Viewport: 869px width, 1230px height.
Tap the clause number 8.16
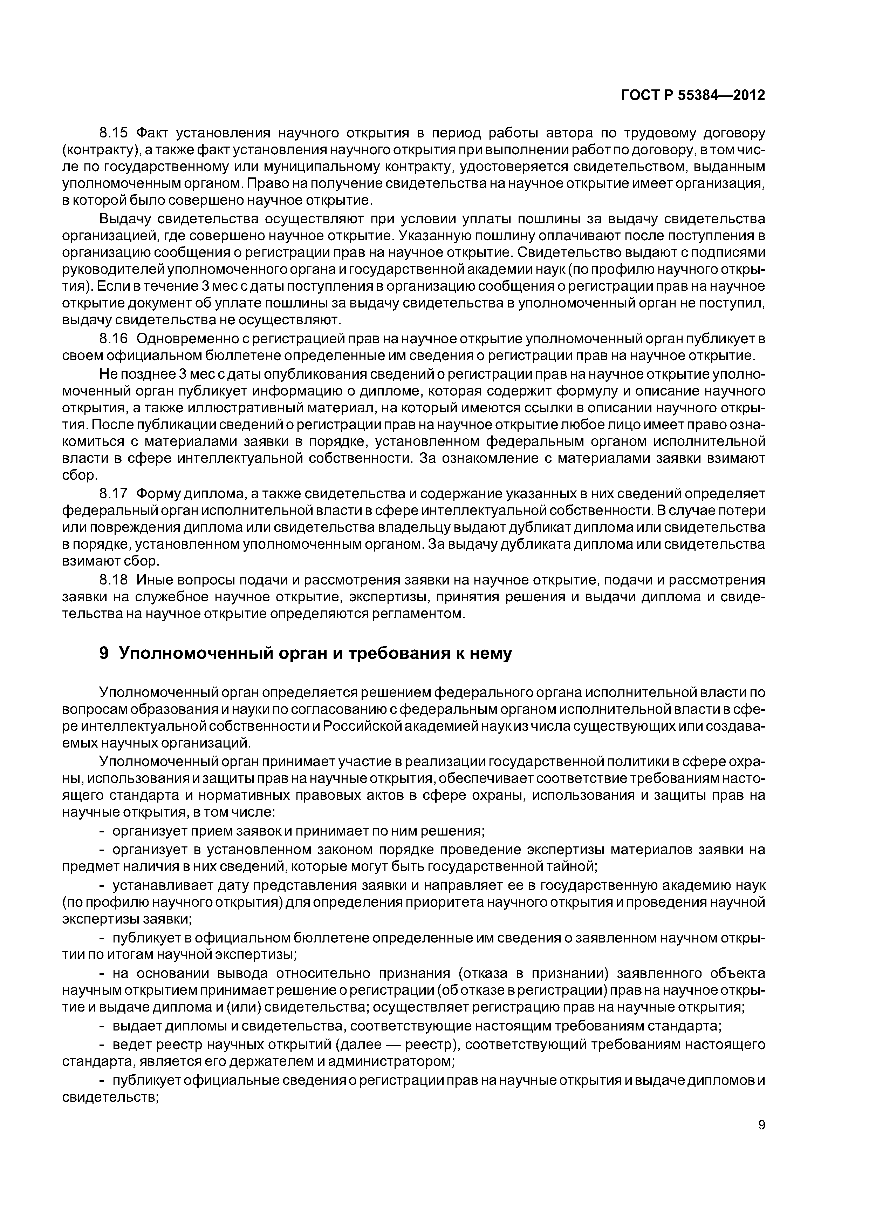pyautogui.click(x=115, y=339)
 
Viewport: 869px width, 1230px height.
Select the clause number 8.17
pyautogui.click(x=115, y=493)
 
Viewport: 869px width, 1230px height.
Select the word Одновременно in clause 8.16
pyautogui.click(x=190, y=339)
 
